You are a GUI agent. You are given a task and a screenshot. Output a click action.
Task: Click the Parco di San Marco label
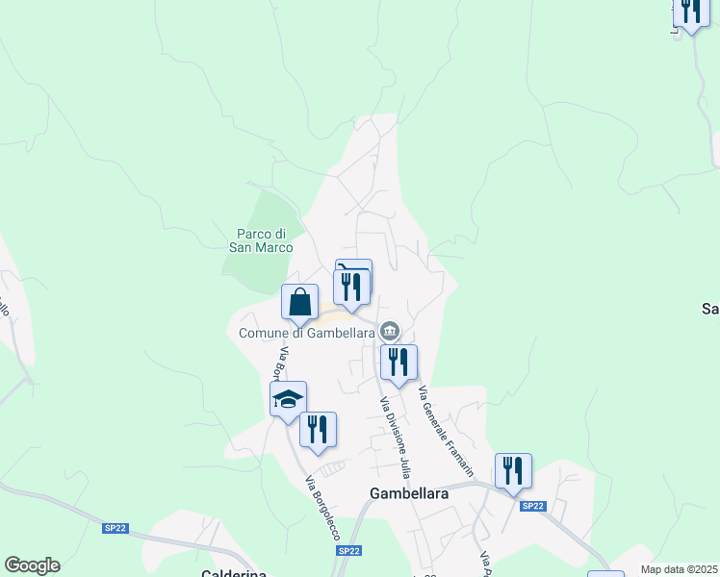click(x=260, y=239)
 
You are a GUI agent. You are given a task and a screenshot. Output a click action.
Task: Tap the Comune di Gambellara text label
click(x=306, y=333)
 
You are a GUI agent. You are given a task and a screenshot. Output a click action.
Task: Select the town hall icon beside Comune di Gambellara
click(x=389, y=332)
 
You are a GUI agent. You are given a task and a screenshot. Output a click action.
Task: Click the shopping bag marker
click(x=300, y=302)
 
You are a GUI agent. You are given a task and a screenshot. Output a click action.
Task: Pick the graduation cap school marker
click(x=288, y=399)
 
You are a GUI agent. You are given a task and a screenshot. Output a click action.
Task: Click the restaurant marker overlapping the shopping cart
click(x=351, y=287)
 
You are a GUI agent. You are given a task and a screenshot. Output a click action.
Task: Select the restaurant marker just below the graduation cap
click(x=319, y=429)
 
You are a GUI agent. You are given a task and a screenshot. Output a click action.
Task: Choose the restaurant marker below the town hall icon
click(x=399, y=363)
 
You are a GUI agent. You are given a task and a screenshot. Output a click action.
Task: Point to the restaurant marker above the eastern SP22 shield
click(x=514, y=471)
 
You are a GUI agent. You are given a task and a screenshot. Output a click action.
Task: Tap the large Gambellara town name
click(x=409, y=492)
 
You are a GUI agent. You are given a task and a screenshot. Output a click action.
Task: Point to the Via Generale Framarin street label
click(x=447, y=432)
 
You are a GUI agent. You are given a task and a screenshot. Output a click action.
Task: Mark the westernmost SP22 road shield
click(x=116, y=528)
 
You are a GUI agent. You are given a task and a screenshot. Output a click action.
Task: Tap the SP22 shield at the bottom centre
click(x=348, y=551)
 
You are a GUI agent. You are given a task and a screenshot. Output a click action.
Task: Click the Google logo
click(x=32, y=565)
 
